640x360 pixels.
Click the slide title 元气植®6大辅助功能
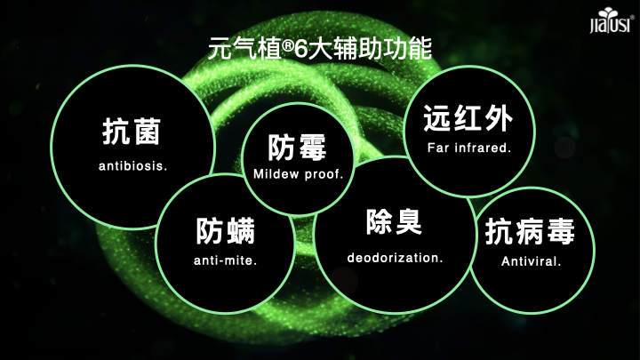click(320, 49)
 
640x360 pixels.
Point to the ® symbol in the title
click(288, 45)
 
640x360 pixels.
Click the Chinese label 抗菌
click(132, 132)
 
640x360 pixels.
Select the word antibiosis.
click(133, 166)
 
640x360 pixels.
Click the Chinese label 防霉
click(297, 148)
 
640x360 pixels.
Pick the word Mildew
click(276, 174)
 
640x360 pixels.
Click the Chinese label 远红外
click(468, 118)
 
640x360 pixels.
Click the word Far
click(438, 148)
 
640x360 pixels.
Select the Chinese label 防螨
click(225, 231)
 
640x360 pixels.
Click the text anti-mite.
click(225, 260)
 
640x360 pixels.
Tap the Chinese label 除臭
click(394, 221)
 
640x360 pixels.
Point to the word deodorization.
click(395, 258)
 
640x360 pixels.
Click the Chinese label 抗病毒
click(530, 231)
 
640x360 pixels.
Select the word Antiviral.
click(531, 261)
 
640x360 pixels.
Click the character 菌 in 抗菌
click(147, 132)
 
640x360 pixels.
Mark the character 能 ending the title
click(420, 49)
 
